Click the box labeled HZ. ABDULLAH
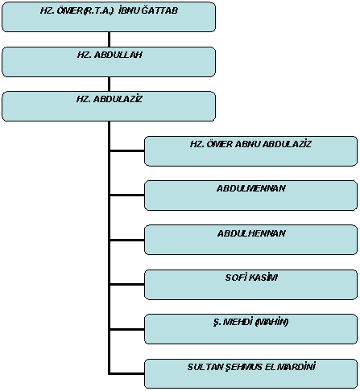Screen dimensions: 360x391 [x=109, y=62]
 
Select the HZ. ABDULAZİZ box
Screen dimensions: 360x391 [x=109, y=106]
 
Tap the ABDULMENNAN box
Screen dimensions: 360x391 [x=250, y=195]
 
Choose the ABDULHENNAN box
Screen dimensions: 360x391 [x=250, y=240]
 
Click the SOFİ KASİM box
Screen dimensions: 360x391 [x=250, y=285]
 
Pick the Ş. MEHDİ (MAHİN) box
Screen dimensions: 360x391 [x=250, y=329]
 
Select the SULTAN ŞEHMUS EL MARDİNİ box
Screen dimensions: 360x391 [x=250, y=373]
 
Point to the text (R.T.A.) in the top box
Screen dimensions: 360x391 [x=98, y=10]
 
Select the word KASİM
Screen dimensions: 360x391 [x=264, y=278]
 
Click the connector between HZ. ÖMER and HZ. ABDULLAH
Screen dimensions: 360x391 [x=109, y=39]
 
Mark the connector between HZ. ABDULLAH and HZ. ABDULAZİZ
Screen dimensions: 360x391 [x=109, y=84]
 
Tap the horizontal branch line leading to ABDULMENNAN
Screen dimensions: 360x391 [x=127, y=195]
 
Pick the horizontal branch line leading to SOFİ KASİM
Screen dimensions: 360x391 [x=127, y=284]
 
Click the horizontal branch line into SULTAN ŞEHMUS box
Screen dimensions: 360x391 [x=127, y=373]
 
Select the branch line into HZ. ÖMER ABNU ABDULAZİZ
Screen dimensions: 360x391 [x=127, y=150]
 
